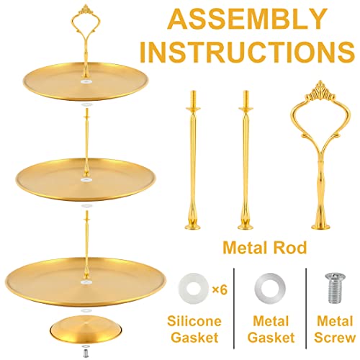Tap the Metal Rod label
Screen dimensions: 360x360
[x=265, y=248]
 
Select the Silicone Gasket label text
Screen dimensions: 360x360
[x=194, y=329]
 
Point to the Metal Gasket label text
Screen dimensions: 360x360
[x=271, y=329]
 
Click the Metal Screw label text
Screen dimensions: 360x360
[x=335, y=329]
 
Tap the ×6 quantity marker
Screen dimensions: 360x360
[x=220, y=290]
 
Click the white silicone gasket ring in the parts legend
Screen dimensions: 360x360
[x=194, y=289]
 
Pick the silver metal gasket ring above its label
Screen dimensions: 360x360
[x=270, y=287]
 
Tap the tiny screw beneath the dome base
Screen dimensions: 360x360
[x=84, y=352]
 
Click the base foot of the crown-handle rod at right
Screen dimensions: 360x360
[x=320, y=226]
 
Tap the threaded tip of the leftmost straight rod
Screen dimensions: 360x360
[x=193, y=96]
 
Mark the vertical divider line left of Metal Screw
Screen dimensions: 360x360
[x=306, y=308]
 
